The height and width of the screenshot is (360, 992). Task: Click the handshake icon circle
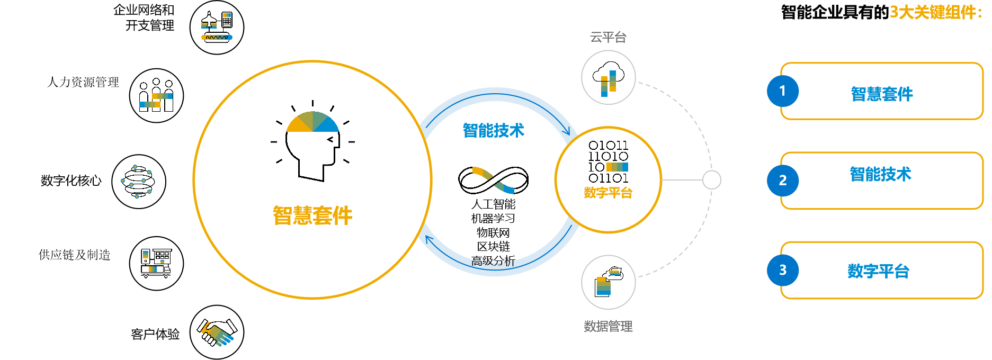coord(217,332)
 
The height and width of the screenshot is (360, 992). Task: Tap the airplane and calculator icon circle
coord(217,28)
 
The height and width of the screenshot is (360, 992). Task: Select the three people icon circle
coord(156,96)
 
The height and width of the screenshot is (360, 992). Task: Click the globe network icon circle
coord(139,182)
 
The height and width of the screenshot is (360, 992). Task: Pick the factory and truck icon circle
coord(156,263)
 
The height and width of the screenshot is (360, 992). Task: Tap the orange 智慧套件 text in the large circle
coord(312,216)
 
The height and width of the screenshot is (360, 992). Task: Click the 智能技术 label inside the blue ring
coord(493,130)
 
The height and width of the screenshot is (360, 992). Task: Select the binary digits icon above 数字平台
coord(608,161)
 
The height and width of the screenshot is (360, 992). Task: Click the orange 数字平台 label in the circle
coord(608,193)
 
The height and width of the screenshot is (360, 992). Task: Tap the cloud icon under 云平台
coord(608,78)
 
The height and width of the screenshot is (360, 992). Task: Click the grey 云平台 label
coord(608,37)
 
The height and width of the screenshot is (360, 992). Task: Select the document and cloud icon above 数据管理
coord(608,282)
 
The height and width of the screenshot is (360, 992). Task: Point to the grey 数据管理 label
coord(608,326)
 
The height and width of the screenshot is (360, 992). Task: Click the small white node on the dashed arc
coord(712,180)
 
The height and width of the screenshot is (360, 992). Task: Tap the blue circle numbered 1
coord(783,91)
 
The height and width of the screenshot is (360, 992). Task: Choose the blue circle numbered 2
coord(783,181)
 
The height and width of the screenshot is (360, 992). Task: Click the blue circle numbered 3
coord(783,270)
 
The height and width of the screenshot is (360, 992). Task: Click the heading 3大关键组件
coord(935,12)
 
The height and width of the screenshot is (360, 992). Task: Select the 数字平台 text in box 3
coord(879,271)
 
